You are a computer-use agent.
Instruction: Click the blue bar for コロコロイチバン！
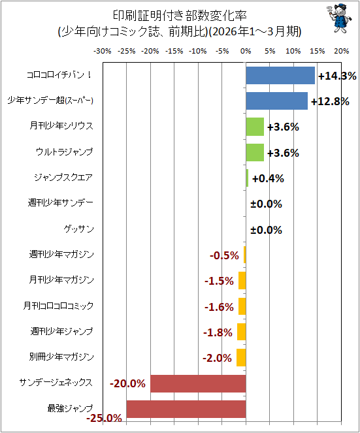pyautogui.click(x=280, y=75)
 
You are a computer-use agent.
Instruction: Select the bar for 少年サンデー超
pyautogui.click(x=276, y=101)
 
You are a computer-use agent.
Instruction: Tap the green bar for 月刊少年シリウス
pyautogui.click(x=255, y=127)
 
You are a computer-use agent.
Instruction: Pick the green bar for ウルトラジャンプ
pyautogui.click(x=255, y=152)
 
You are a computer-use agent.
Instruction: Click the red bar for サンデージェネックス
pyautogui.click(x=198, y=383)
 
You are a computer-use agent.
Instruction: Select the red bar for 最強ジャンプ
pyautogui.click(x=186, y=409)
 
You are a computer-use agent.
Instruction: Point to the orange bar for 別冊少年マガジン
pyautogui.click(x=241, y=358)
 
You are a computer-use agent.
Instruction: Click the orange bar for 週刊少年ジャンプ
pyautogui.click(x=242, y=332)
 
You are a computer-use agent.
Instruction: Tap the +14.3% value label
pyautogui.click(x=337, y=76)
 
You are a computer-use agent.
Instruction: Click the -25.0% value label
pyautogui.click(x=104, y=418)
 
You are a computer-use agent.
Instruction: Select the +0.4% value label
pyautogui.click(x=268, y=178)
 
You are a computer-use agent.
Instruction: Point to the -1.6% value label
pyautogui.click(x=219, y=307)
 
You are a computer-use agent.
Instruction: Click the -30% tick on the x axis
pyautogui.click(x=103, y=51)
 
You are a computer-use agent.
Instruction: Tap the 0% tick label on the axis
pyautogui.click(x=246, y=51)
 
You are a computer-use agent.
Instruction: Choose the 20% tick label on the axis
pyautogui.click(x=342, y=51)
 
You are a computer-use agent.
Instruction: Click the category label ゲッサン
pyautogui.click(x=79, y=229)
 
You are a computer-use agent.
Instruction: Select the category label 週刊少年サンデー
pyautogui.click(x=61, y=203)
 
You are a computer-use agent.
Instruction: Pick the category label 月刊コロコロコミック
pyautogui.click(x=58, y=306)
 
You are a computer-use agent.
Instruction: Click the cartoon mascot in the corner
pyautogui.click(x=339, y=18)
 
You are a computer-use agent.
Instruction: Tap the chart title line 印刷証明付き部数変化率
pyautogui.click(x=180, y=16)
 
